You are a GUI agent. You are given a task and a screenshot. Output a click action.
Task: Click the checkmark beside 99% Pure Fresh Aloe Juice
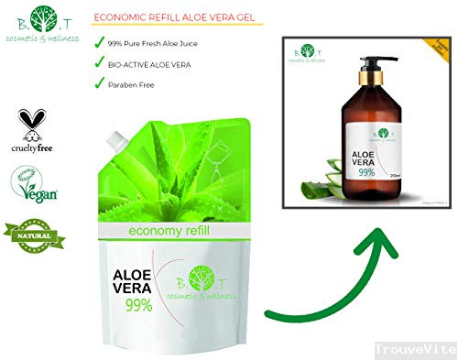click(x=101, y=41)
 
